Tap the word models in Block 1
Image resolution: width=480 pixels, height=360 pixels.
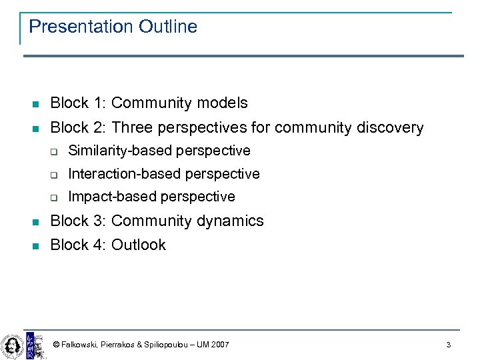[221, 103]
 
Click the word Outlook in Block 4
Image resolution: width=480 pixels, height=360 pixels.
[139, 245]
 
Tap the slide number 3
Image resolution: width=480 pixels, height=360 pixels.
[449, 345]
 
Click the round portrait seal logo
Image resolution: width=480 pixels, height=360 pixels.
[11, 345]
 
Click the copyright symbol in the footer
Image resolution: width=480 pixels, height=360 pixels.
[57, 345]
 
